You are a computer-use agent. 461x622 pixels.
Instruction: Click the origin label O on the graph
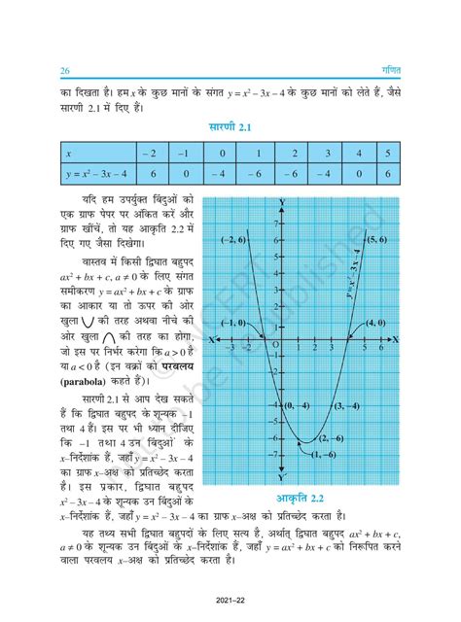pyautogui.click(x=275, y=345)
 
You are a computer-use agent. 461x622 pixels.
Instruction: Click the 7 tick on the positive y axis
pyautogui.click(x=273, y=223)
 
